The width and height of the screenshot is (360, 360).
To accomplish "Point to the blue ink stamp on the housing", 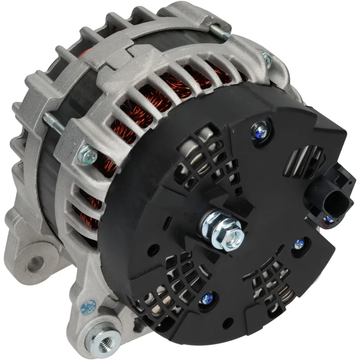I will (86, 307).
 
